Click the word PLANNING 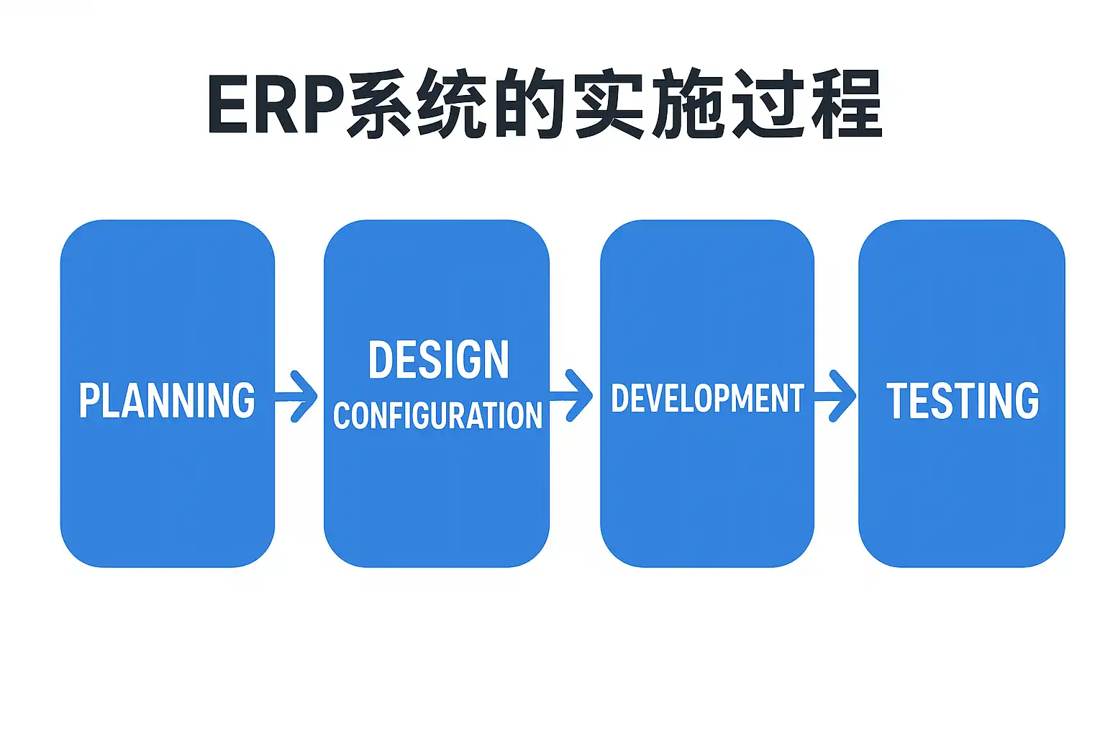(167, 401)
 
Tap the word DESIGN (438, 360)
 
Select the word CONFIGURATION (437, 416)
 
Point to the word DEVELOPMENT (707, 399)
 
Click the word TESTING (963, 401)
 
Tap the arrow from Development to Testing (837, 395)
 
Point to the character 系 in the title (379, 104)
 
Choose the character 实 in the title (608, 104)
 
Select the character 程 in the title (845, 104)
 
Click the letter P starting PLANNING (88, 401)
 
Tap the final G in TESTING (1027, 401)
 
